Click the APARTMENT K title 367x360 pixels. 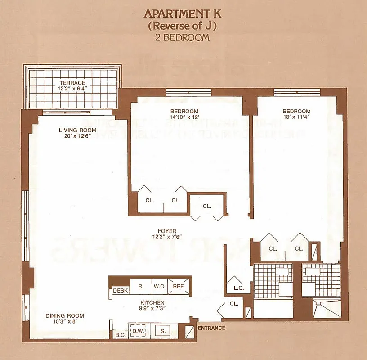click(183, 13)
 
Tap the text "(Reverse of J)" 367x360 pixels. click(183, 26)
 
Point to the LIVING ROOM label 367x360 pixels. click(77, 130)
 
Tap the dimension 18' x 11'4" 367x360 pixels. click(296, 117)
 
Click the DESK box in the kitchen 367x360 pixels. click(121, 291)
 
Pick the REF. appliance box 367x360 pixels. click(179, 286)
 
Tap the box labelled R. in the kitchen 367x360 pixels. click(140, 286)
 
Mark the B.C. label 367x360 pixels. click(120, 335)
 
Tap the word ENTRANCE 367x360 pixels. click(211, 328)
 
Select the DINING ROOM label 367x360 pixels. click(65, 316)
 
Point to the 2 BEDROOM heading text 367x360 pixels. click(183, 37)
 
